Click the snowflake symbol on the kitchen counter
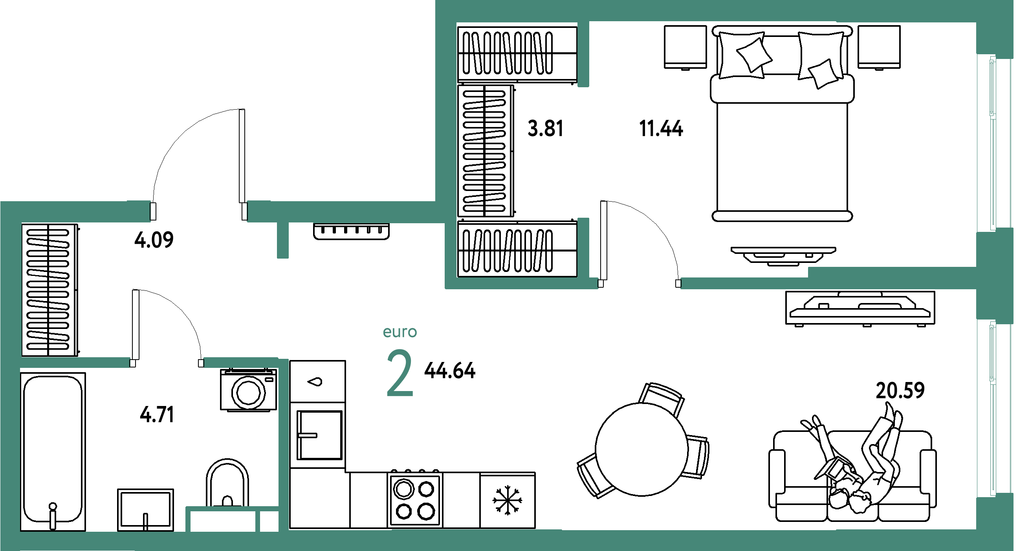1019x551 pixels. (x=507, y=500)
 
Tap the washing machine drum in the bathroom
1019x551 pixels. (x=248, y=393)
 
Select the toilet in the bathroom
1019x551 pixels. (x=227, y=483)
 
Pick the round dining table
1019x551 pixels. (x=641, y=449)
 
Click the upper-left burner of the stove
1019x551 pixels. (x=403, y=489)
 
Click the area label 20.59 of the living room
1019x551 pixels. (x=900, y=390)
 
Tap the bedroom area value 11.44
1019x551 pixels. (x=661, y=129)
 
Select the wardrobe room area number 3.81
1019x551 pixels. (x=546, y=129)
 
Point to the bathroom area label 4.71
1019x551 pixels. (x=157, y=415)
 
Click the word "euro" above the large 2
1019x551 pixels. (x=400, y=332)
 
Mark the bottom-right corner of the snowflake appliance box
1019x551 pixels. (x=535, y=528)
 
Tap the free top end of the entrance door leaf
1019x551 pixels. (x=242, y=110)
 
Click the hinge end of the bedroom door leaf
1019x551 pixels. (x=601, y=283)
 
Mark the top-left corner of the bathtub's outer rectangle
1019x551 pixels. (x=20, y=373)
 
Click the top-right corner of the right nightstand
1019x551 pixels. (x=900, y=26)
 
